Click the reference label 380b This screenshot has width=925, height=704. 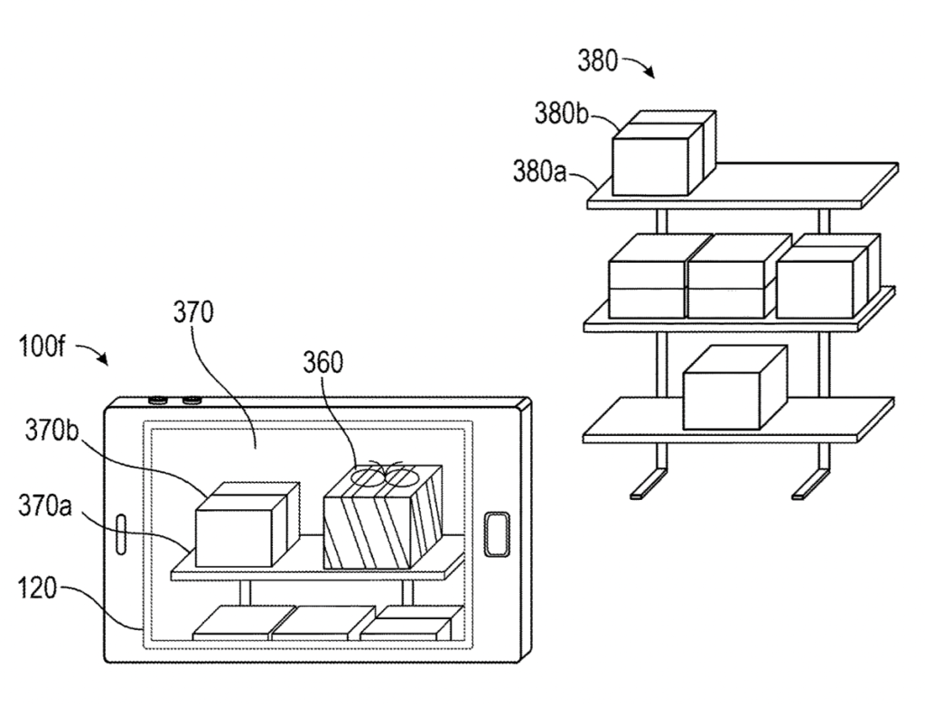561,113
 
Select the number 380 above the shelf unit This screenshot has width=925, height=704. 597,60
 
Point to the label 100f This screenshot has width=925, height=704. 42,346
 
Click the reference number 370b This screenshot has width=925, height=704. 51,431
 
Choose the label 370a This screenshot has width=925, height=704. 45,506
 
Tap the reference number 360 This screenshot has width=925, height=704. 322,363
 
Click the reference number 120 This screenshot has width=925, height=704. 37,588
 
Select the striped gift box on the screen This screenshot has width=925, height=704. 383,517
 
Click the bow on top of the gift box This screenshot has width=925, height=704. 384,474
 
